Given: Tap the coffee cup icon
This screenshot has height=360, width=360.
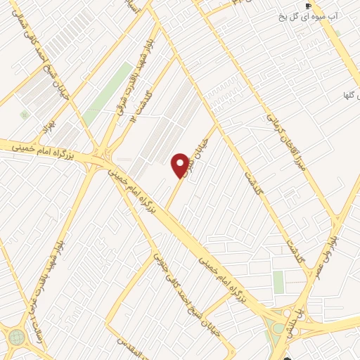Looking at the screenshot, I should pos(308,6).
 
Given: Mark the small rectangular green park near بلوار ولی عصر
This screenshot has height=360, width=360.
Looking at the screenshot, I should pos(279,282).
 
